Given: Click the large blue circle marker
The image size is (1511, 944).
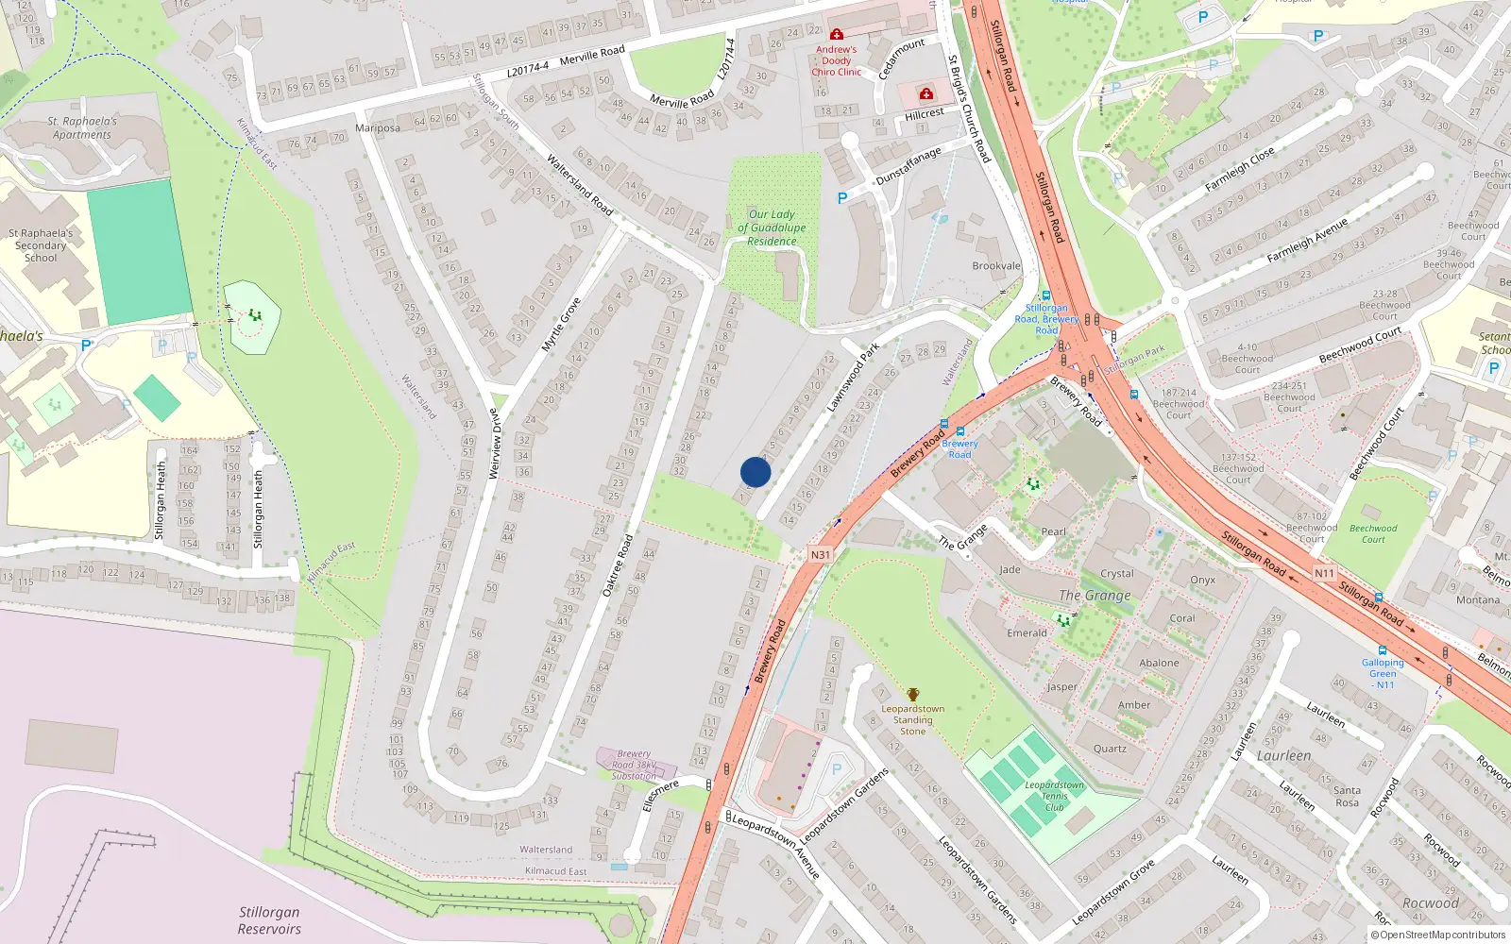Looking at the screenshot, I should click(755, 472).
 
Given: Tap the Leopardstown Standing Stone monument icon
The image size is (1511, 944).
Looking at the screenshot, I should click(913, 695).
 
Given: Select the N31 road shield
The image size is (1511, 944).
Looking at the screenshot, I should click(820, 555).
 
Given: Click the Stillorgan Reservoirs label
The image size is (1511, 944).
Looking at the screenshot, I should click(269, 920).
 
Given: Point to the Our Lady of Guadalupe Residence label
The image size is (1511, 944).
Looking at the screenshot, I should click(772, 228).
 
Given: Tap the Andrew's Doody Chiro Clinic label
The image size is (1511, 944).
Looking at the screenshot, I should click(837, 60).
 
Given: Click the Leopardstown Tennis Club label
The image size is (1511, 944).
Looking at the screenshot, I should click(1054, 796).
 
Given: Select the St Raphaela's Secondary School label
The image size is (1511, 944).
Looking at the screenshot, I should click(41, 245).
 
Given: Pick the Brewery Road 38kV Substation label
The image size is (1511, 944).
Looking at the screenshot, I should click(634, 765).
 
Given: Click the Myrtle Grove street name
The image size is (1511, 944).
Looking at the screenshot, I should click(560, 326).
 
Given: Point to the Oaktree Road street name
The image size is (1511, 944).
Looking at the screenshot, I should click(618, 565).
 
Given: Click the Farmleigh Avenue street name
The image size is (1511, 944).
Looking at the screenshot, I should click(1307, 242).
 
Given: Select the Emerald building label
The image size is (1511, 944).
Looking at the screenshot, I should click(1027, 633).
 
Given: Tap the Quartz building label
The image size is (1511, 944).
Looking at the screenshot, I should click(1110, 749).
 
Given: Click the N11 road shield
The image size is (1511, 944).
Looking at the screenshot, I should click(1324, 573).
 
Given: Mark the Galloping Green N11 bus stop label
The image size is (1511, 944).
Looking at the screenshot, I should click(1383, 673).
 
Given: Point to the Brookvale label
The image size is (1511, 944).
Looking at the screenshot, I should click(996, 266).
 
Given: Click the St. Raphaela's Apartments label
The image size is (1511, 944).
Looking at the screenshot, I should click(83, 128).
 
